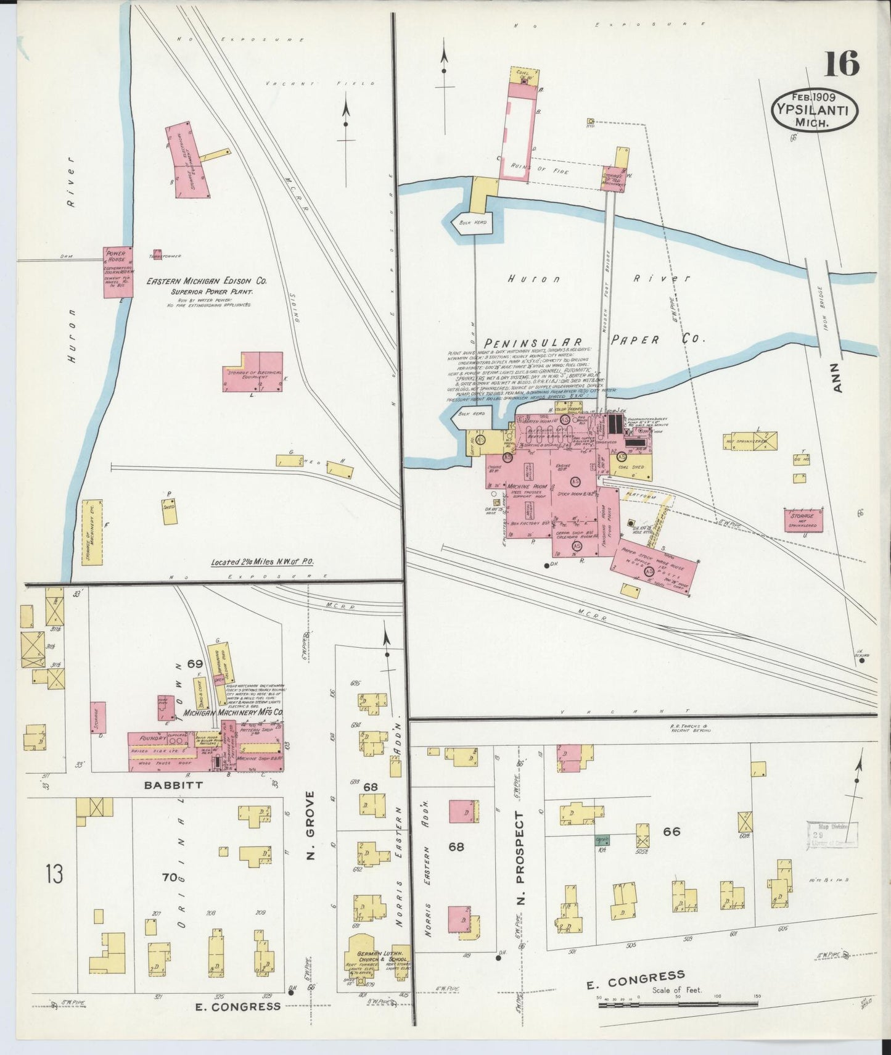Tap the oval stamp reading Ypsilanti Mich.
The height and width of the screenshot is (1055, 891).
(x=815, y=110)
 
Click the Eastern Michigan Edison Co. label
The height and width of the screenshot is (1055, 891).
(x=206, y=281)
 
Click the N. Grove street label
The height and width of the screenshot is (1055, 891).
(x=310, y=826)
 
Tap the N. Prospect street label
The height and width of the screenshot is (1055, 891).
(x=520, y=859)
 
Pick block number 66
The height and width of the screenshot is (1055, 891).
(x=671, y=832)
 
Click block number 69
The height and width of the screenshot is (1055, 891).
(x=195, y=664)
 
